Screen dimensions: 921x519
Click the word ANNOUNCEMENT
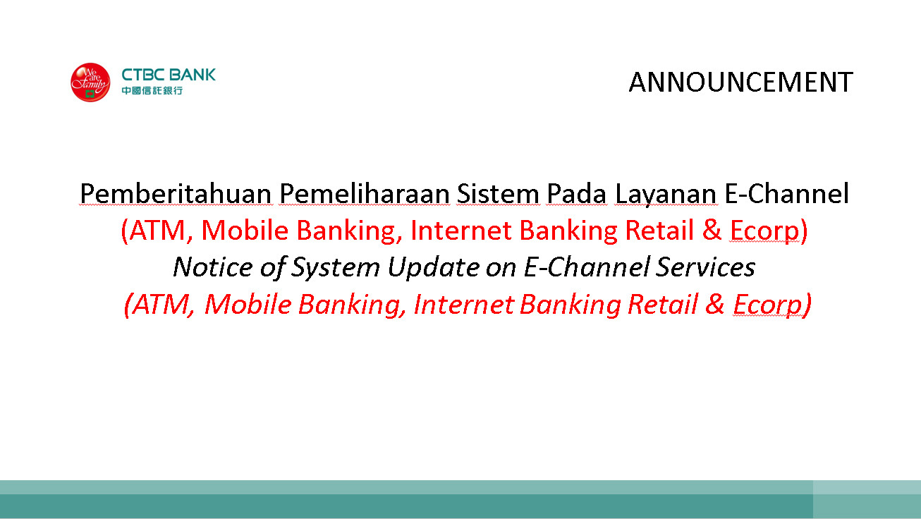point(741,82)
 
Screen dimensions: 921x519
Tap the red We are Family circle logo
point(90,83)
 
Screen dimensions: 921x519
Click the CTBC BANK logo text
point(169,75)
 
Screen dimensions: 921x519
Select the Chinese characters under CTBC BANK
point(152,90)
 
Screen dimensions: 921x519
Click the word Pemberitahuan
point(176,194)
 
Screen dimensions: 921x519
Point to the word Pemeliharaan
point(365,194)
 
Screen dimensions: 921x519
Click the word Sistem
point(498,194)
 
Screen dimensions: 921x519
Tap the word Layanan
point(666,195)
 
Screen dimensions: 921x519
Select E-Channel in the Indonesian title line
point(786,193)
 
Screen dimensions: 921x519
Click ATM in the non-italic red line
point(157,231)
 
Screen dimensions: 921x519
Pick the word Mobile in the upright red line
point(245,230)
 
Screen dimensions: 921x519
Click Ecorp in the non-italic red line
point(764,231)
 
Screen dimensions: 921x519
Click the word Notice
point(212,267)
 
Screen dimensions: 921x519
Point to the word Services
point(705,267)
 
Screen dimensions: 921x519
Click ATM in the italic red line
point(161,305)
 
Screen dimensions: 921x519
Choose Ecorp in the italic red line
point(768,305)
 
